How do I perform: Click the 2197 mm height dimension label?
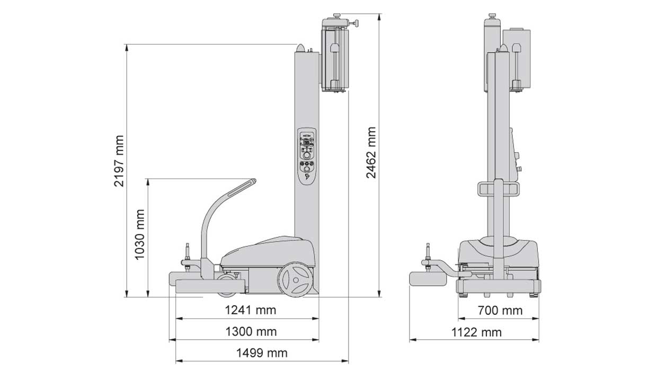click(x=119, y=161)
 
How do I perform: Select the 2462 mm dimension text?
click(x=371, y=153)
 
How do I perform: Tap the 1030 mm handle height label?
click(x=140, y=235)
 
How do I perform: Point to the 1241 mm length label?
click(x=251, y=310)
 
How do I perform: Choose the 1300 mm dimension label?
click(x=251, y=332)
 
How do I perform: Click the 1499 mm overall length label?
click(x=262, y=353)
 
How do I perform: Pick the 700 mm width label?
click(x=500, y=311)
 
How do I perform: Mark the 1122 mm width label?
click(x=476, y=333)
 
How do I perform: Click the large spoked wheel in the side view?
click(x=295, y=279)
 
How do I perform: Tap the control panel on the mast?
click(x=307, y=156)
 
